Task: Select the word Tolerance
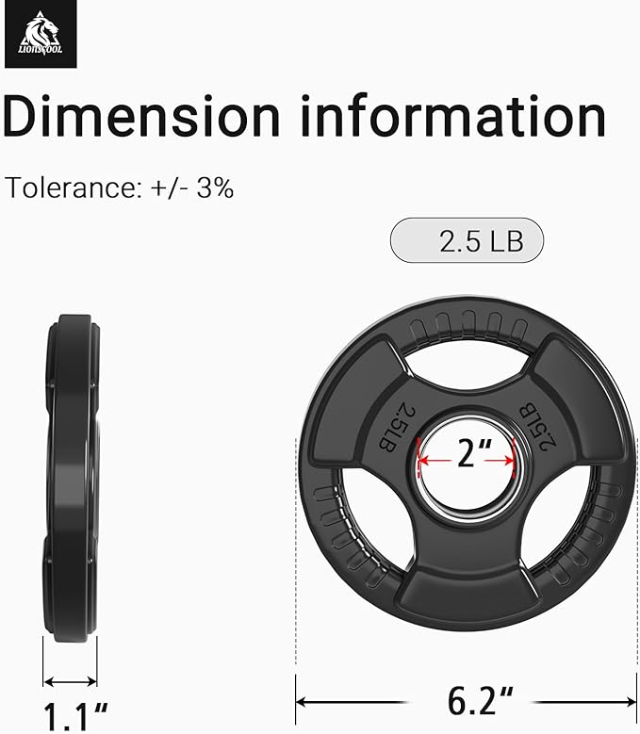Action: click(x=71, y=188)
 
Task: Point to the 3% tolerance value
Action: click(x=215, y=188)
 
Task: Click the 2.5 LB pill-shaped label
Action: click(x=467, y=240)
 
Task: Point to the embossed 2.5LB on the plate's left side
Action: click(x=397, y=428)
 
